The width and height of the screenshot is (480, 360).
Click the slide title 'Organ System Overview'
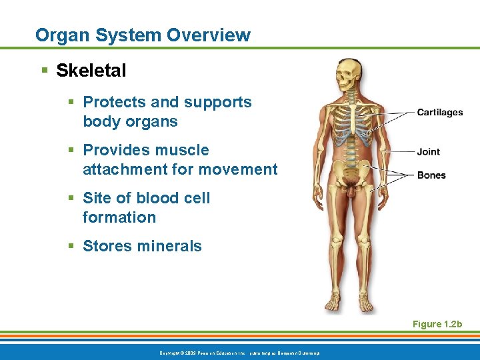coord(143,35)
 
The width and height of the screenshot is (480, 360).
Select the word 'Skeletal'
coord(91,71)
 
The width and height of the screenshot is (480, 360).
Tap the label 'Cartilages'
coord(439,113)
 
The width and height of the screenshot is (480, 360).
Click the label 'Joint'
coord(428,152)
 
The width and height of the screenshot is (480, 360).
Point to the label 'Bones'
coord(431,175)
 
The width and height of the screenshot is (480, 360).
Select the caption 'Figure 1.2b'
coord(437,324)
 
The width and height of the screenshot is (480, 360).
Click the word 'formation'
coord(119,217)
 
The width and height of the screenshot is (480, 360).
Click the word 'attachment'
coord(125,169)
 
